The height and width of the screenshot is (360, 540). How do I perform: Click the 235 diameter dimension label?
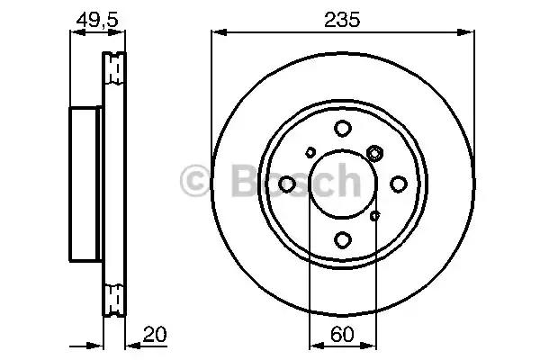[x=342, y=19]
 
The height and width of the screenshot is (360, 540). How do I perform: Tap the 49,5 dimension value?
[x=97, y=20]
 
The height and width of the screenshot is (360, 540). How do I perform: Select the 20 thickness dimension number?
[x=155, y=334]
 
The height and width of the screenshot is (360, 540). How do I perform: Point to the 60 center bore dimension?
[x=342, y=334]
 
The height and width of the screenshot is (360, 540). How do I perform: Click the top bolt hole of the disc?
[x=343, y=128]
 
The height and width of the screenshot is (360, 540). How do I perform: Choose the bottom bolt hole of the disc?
[x=343, y=239]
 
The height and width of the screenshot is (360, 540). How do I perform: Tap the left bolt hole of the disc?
[x=287, y=184]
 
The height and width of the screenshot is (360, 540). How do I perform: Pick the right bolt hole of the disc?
[x=399, y=184]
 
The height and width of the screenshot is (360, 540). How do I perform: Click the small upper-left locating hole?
[x=310, y=152]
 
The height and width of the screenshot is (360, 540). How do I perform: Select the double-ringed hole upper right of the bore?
[x=374, y=153]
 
